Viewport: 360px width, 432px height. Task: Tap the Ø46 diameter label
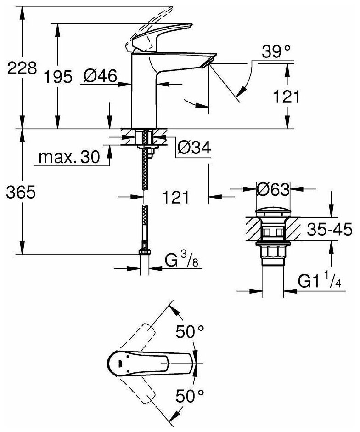[x=101, y=76]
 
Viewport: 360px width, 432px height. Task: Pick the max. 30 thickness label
[x=69, y=158]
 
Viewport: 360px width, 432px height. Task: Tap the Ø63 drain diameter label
[x=273, y=188]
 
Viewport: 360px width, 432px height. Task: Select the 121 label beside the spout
[x=287, y=97]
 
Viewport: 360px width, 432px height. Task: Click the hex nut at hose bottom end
[x=145, y=253]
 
